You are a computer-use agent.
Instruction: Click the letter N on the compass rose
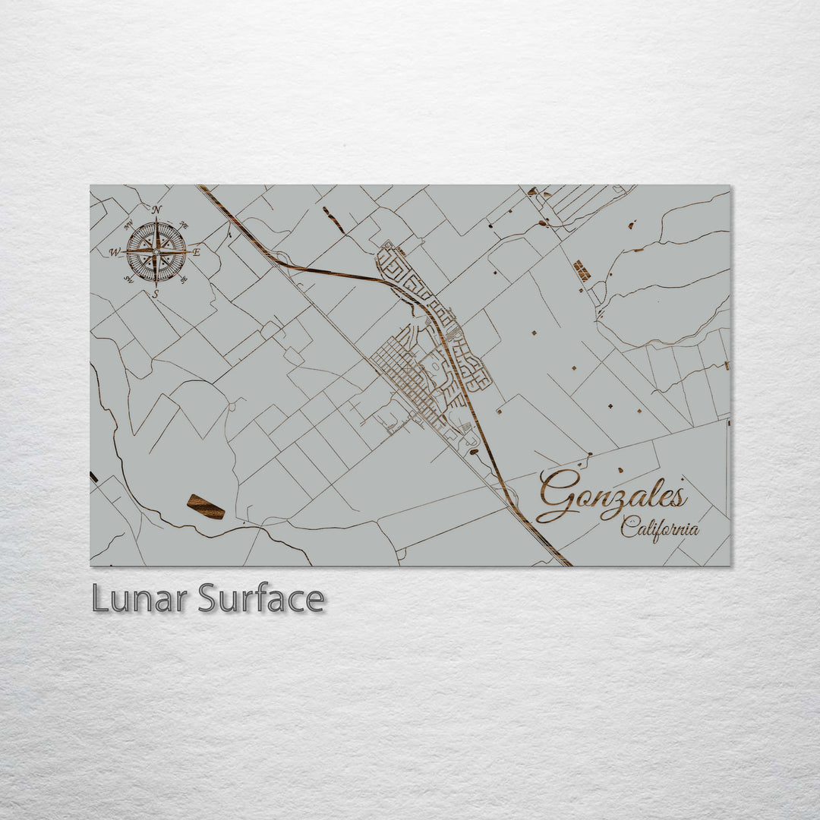click(156, 210)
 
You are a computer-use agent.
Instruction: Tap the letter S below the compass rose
click(156, 293)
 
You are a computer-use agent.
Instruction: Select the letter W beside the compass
click(115, 252)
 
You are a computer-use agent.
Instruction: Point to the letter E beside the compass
click(196, 252)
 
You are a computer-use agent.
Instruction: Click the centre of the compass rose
click(156, 251)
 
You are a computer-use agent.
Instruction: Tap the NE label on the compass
click(184, 225)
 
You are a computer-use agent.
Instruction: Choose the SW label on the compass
click(129, 279)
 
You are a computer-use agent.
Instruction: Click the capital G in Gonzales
click(560, 495)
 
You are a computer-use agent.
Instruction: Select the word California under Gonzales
click(659, 528)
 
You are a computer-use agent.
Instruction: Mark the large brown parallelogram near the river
click(206, 506)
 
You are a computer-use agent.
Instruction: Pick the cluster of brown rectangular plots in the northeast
click(582, 270)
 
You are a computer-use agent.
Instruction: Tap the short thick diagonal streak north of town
click(333, 219)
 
